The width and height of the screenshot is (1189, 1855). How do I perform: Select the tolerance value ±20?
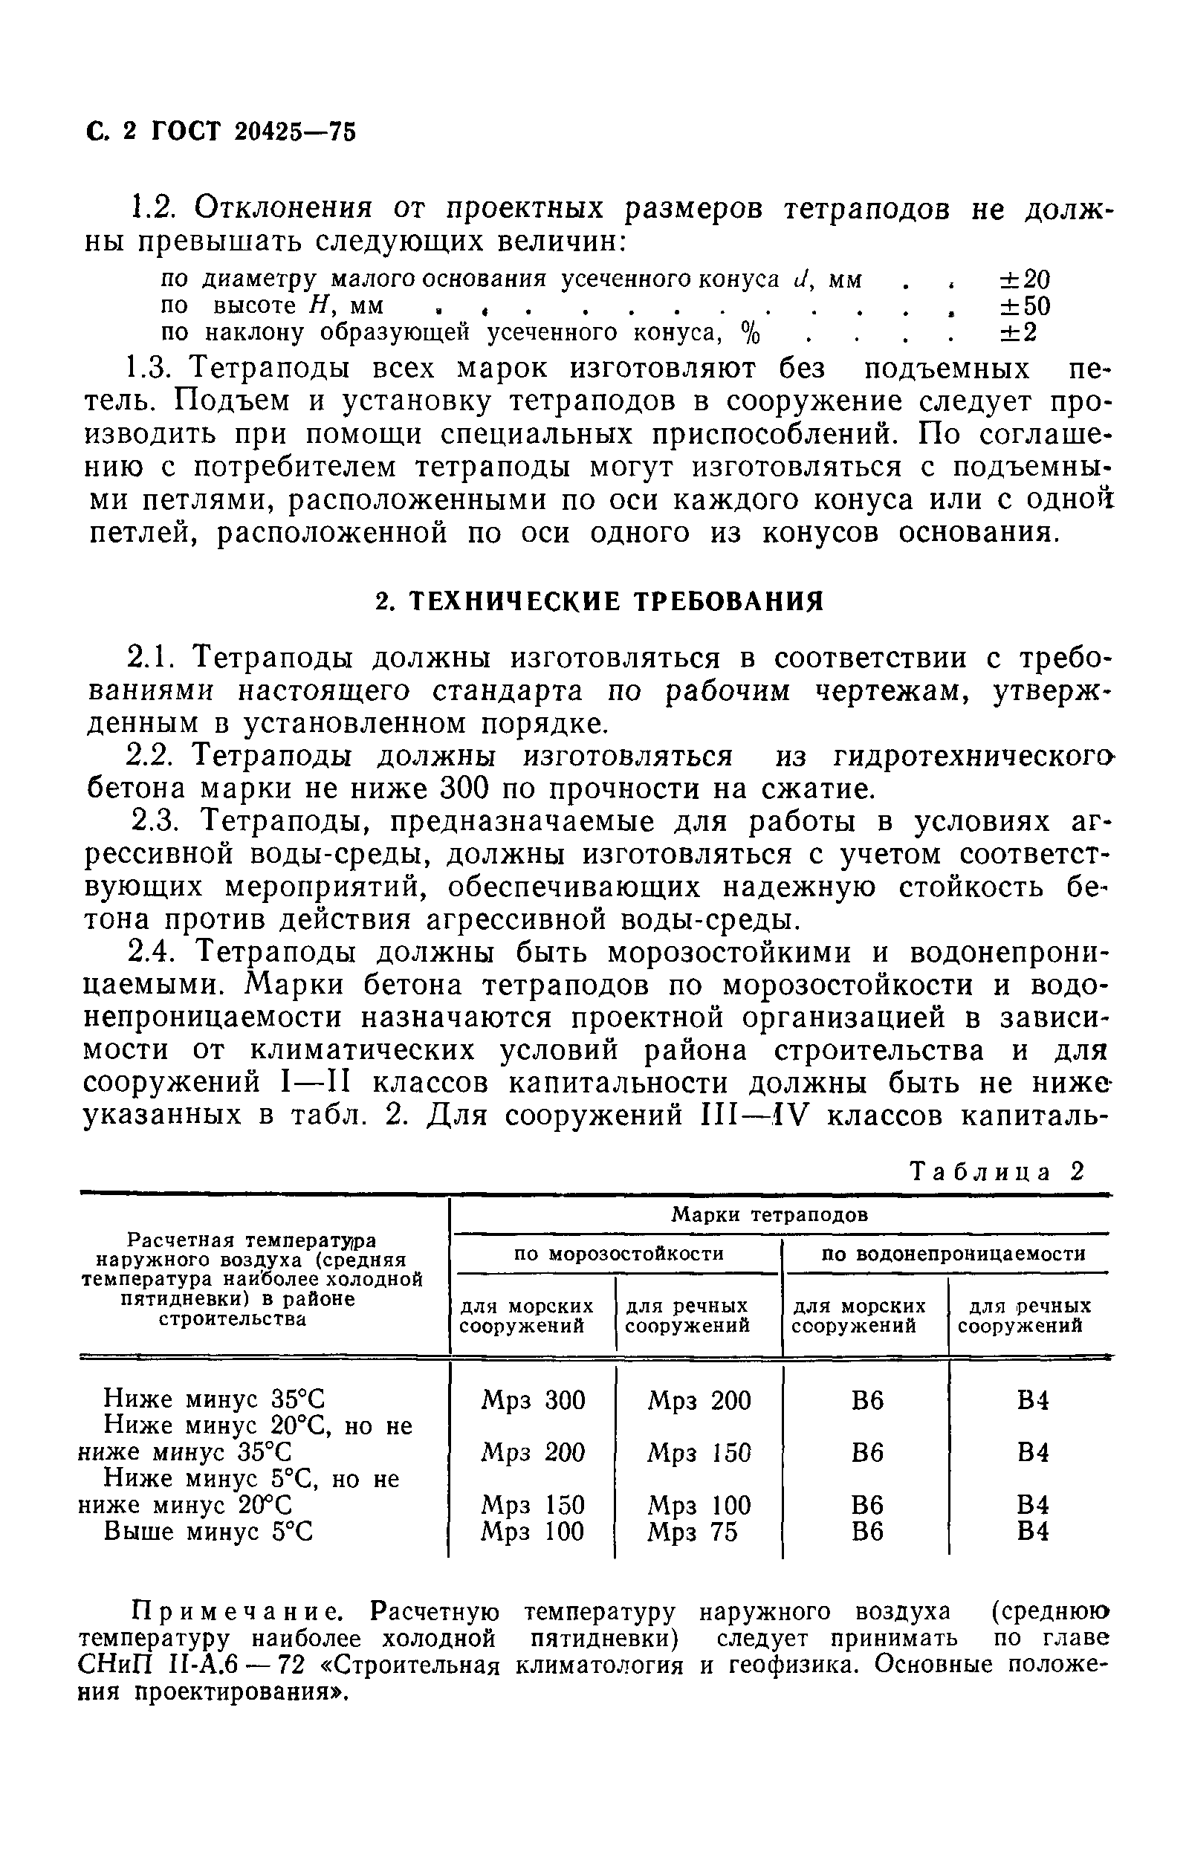[1025, 279]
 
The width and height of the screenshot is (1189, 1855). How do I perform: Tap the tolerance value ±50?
[1025, 306]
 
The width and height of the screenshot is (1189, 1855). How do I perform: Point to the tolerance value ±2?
[1017, 333]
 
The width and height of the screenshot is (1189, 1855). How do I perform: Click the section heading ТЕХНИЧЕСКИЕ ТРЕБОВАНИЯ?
[599, 601]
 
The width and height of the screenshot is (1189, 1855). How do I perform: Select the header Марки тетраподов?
[769, 1215]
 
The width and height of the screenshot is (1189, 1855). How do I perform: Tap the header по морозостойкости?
[618, 1254]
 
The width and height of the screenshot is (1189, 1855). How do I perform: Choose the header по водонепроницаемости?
[953, 1254]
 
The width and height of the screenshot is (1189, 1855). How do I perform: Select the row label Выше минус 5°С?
[209, 1532]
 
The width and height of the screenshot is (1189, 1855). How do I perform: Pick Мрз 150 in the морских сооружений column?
[533, 1505]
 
